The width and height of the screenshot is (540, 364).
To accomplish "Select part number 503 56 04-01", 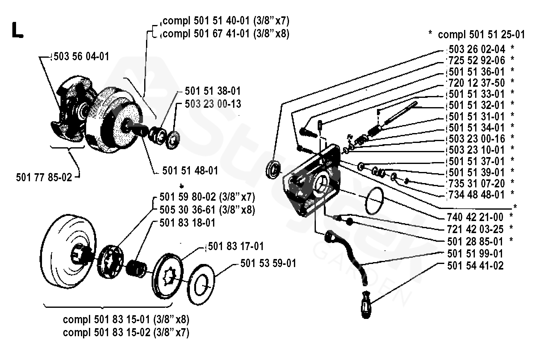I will [x=81, y=57].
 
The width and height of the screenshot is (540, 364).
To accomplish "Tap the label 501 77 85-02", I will [x=44, y=177].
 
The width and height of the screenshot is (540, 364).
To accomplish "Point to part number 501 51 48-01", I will [x=190, y=171].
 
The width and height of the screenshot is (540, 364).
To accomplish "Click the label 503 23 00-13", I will [x=213, y=104].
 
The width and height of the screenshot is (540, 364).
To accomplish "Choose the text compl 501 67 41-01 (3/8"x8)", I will [x=226, y=33].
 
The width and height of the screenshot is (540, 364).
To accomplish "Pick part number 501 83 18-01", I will [x=187, y=223].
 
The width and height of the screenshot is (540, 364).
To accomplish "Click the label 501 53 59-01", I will [x=268, y=263].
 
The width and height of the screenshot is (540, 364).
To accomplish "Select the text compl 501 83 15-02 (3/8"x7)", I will [x=126, y=333].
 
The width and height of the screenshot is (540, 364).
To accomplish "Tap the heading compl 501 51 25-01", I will [x=481, y=35].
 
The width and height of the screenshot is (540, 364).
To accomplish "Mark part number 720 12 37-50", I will [x=477, y=83].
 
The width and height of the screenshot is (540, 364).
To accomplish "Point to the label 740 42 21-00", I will [x=475, y=217].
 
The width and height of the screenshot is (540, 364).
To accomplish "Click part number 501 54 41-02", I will [x=475, y=266].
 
